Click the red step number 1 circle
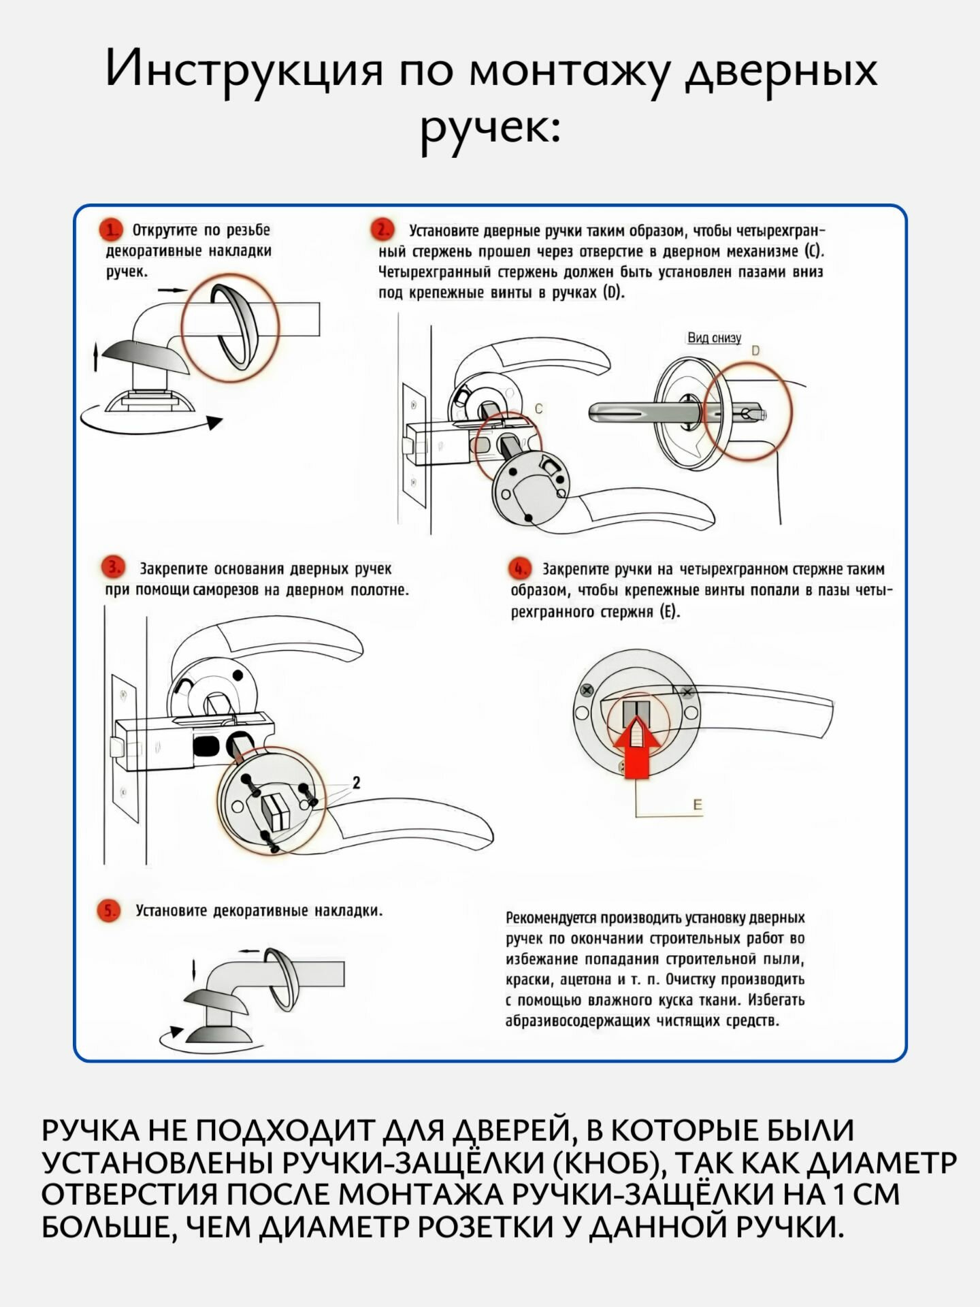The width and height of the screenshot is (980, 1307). point(110,230)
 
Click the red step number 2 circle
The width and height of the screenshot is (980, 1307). point(382,230)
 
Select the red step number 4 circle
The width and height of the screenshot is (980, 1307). point(519,568)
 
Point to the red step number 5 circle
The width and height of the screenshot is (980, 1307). point(109,911)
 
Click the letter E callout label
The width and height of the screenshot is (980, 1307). point(697,805)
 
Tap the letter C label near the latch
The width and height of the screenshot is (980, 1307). point(538,409)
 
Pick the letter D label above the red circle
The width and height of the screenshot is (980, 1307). point(755,351)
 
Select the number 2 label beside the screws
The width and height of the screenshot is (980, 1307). point(356,783)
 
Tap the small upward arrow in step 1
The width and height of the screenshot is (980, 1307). point(96,357)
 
